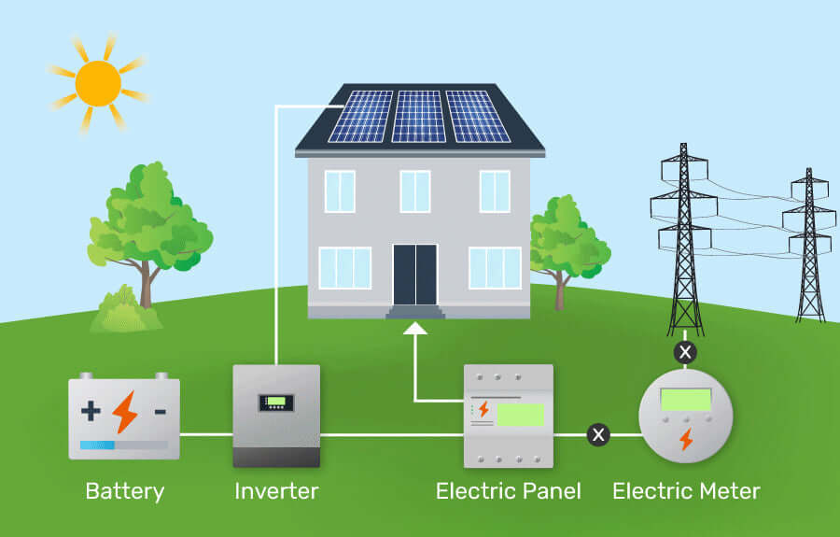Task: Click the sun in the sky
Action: tap(97, 83)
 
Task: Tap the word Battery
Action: tap(124, 491)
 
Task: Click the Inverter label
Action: tap(276, 491)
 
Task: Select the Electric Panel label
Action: tap(509, 491)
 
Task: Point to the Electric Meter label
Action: tap(686, 491)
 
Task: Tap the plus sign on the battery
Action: tap(91, 411)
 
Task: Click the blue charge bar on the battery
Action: tap(97, 445)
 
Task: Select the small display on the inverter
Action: tap(276, 403)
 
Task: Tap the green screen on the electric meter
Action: tap(686, 400)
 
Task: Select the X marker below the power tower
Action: tap(685, 352)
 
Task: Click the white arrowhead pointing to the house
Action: tap(414, 328)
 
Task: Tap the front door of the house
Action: tap(414, 275)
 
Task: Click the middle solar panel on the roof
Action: tap(418, 117)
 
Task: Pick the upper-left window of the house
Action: tap(340, 191)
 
